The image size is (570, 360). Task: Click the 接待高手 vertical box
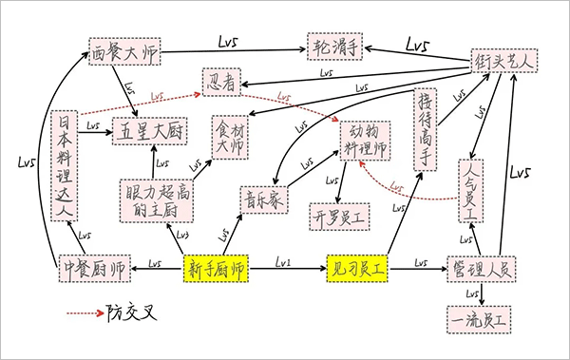click(x=425, y=129)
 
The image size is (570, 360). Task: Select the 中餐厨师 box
click(x=93, y=270)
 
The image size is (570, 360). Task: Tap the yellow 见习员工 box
click(x=358, y=270)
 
